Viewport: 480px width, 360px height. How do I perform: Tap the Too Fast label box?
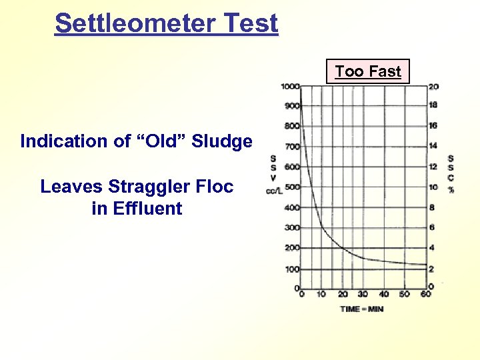tap(368, 71)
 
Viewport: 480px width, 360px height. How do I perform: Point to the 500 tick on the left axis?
tap(291, 187)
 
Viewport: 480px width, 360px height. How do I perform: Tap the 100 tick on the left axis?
tap(291, 269)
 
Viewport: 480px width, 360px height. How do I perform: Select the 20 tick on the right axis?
tap(433, 86)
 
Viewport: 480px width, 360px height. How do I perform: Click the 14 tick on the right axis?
tap(433, 146)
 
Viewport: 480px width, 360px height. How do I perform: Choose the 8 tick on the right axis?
tap(432, 207)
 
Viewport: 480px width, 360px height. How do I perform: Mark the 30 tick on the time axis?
tap(363, 294)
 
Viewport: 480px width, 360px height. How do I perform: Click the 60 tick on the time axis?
tap(425, 294)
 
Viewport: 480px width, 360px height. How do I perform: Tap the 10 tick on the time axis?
tap(321, 294)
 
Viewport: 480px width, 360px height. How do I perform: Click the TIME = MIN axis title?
tap(362, 309)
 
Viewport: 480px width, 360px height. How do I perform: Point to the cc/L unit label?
tap(273, 192)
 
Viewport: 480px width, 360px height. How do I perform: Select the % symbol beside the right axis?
tap(451, 189)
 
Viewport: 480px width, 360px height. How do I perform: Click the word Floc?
tap(215, 187)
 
